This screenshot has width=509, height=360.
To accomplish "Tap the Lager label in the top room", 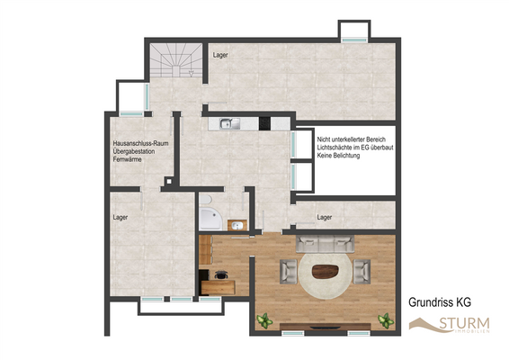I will click(220, 56).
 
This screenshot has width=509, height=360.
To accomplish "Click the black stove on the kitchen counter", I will click(265, 124).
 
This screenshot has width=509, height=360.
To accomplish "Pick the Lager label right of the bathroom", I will click(326, 217).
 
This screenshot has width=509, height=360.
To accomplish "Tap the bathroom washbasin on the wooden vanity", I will click(237, 225).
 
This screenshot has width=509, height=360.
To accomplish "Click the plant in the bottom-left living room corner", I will click(265, 319).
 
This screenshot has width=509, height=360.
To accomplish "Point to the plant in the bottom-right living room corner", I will click(386, 319).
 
